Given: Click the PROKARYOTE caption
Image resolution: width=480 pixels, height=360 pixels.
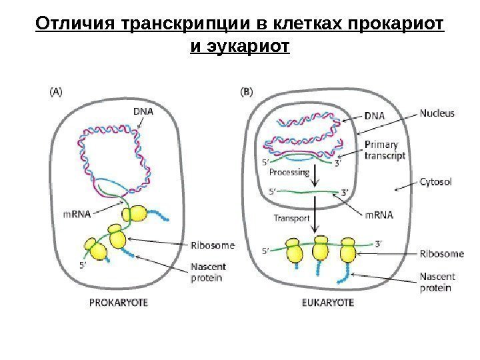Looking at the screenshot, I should click(119, 302).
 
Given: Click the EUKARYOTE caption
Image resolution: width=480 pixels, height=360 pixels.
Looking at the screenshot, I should click(324, 302).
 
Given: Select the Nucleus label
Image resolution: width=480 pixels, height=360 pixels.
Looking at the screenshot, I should click(437, 113).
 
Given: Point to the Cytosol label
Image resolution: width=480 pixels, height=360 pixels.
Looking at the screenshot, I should click(436, 181).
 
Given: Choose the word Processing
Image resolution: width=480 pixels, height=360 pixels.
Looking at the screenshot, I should click(289, 172).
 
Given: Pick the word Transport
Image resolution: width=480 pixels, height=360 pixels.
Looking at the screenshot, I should click(291, 218).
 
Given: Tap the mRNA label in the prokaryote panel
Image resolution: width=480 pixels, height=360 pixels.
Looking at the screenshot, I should click(77, 215).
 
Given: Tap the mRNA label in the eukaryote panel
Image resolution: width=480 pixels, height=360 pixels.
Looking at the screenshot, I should click(379, 215).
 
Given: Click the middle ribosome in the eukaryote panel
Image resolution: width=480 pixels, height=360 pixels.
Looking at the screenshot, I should click(321, 249).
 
